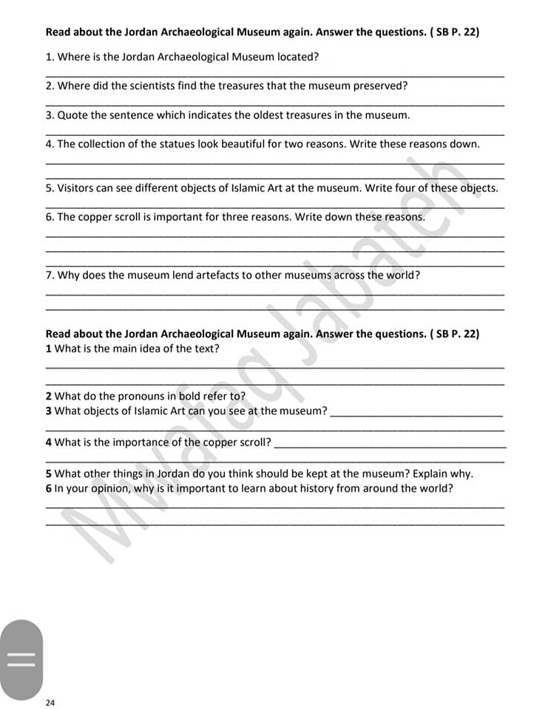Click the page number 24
click(50, 702)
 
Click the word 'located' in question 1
click(296, 56)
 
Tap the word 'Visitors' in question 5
click(78, 188)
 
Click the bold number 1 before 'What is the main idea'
click(49, 349)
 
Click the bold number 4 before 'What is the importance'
click(49, 442)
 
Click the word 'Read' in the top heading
click(58, 32)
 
